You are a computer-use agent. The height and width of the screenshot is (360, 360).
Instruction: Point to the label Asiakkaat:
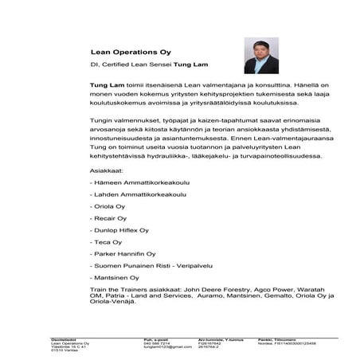coord(107,170)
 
